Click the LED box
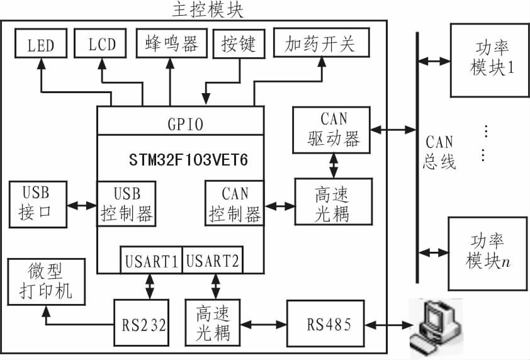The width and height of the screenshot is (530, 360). (41, 45)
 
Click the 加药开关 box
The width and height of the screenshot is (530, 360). (320, 44)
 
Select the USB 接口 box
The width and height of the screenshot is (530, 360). (38, 205)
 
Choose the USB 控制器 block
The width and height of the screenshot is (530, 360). (127, 204)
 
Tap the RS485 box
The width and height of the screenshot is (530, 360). (326, 325)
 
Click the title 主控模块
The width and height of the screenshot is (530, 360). (207, 10)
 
